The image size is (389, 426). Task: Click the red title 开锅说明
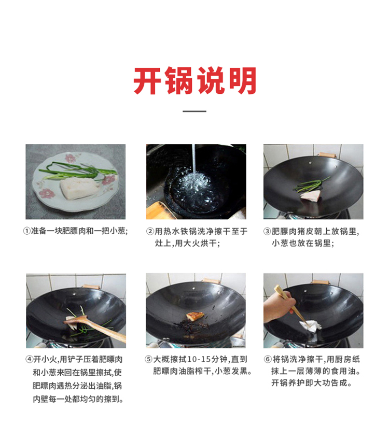tap(195, 81)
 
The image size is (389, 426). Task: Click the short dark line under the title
tap(195, 111)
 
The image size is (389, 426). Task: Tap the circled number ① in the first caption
tap(26, 231)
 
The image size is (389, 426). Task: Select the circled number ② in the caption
tap(150, 232)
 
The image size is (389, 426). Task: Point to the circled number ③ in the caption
tap(267, 232)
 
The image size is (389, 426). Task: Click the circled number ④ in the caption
tap(30, 360)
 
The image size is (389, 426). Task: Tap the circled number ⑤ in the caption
tap(149, 360)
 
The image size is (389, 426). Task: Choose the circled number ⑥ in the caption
tap(268, 360)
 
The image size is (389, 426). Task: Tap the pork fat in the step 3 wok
tap(311, 195)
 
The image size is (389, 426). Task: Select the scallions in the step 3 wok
tap(311, 185)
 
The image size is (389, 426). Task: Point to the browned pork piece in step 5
tap(195, 316)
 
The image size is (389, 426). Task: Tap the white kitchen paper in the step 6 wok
tap(310, 326)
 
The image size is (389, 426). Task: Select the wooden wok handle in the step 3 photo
tap(326, 155)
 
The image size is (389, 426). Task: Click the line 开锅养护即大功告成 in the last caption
tap(312, 383)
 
